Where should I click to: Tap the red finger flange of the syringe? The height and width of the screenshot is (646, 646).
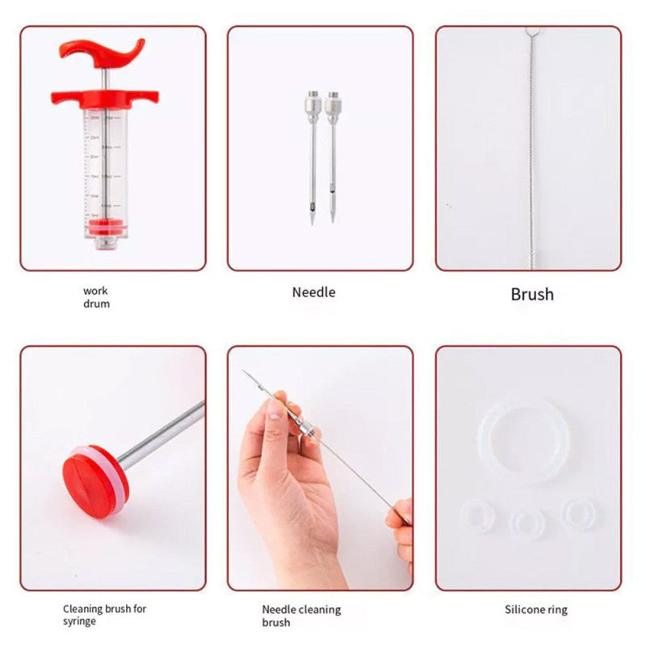(x=105, y=98)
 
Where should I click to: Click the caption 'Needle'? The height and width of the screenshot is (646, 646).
(x=313, y=292)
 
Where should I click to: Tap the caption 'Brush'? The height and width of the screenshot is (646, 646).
(x=532, y=294)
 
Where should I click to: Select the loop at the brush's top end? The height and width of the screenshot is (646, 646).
(x=530, y=31)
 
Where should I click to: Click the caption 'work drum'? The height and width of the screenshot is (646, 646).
(x=95, y=297)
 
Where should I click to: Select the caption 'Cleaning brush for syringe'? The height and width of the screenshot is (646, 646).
(x=104, y=615)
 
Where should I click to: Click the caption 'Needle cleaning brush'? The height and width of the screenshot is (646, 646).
(x=301, y=615)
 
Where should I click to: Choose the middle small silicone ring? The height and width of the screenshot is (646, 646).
(x=529, y=523)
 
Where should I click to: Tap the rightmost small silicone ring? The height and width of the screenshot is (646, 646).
(x=578, y=513)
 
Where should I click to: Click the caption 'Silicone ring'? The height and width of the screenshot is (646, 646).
(x=536, y=610)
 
